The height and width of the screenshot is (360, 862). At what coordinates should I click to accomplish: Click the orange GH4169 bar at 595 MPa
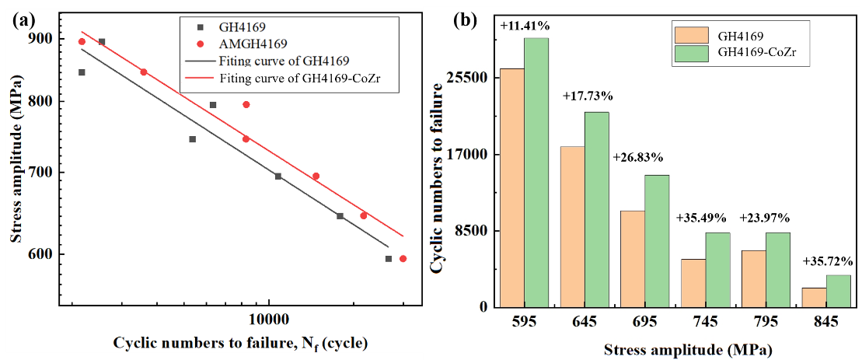point(511,187)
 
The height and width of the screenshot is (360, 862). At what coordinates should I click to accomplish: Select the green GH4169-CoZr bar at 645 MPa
point(596,209)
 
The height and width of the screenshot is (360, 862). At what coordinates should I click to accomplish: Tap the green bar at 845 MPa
point(838,291)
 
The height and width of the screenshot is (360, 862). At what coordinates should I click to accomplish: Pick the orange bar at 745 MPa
point(693,283)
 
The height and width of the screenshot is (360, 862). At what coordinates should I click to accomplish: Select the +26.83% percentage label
point(638,157)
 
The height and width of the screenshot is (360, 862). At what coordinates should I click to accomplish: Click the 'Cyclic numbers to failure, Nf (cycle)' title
point(240,343)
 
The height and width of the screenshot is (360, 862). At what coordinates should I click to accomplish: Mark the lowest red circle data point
point(403,259)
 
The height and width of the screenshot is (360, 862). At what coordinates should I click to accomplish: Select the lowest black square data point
point(388,259)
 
